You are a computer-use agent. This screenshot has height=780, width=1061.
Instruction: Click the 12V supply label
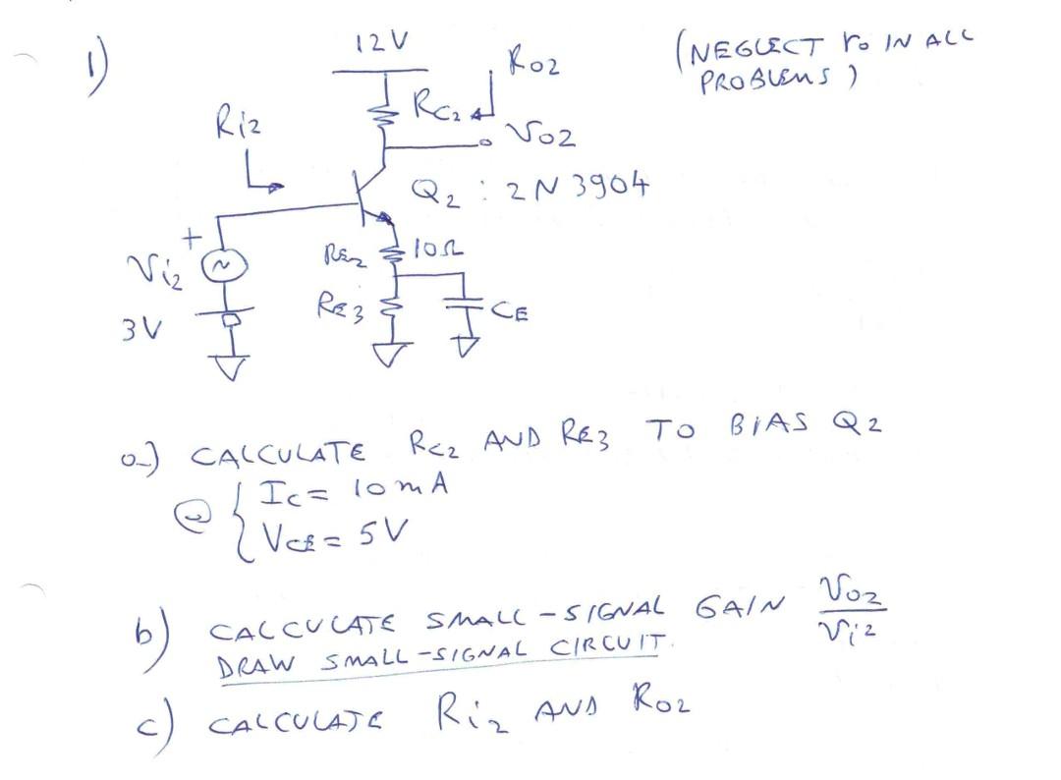click(382, 43)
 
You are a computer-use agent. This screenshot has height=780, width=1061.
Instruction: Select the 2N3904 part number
click(578, 187)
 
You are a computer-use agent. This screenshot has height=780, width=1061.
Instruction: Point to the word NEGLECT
click(751, 48)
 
